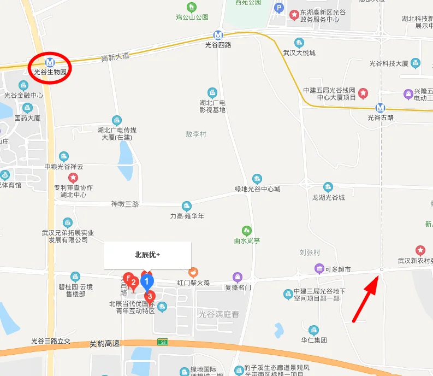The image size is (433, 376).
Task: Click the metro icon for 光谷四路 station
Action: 218,34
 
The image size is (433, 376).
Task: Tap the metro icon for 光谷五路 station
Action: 381,107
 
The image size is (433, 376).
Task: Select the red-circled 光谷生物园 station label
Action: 50,72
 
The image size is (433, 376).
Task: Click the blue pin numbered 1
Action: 146,281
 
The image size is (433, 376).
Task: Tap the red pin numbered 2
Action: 133,283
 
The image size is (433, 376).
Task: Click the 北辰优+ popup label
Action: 147,255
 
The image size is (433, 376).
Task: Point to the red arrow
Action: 365,298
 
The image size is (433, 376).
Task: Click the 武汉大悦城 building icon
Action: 299,43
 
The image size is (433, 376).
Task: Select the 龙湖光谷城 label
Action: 329,197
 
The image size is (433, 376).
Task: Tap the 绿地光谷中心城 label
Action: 257,189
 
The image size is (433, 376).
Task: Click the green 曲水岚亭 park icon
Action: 247,230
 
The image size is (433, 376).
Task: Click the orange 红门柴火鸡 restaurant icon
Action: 193,272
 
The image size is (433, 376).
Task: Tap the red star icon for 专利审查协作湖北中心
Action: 73,178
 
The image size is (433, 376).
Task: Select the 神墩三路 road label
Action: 125,204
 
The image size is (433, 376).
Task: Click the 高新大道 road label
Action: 115,56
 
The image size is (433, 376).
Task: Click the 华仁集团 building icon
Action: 313,330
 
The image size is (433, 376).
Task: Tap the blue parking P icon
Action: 279,8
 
